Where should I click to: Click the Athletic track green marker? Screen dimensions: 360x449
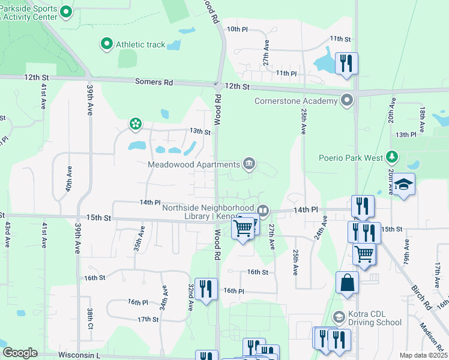coord(107,44)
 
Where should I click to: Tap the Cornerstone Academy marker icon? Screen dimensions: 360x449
coord(346,100)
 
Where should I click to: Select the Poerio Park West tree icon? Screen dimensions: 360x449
coord(392,157)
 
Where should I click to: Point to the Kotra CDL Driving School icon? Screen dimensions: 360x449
coord(339,316)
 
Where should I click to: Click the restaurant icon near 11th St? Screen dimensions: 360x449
coord(346,63)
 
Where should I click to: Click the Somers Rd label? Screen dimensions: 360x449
coord(154,82)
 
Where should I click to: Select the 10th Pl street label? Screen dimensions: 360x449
coord(237,29)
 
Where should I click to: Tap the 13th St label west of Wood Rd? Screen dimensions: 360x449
coord(200,131)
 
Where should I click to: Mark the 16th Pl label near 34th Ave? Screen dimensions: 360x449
coord(137,302)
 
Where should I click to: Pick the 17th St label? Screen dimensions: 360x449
coord(147,319)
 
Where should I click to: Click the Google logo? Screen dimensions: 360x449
coord(20,353)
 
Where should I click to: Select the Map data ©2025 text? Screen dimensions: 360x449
coord(423,355)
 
